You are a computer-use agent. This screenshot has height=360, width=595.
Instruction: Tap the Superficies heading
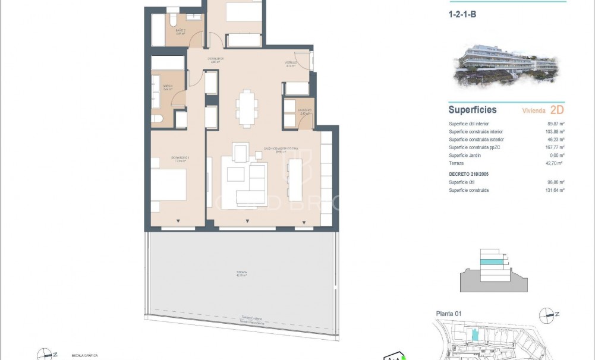click(x=472, y=110)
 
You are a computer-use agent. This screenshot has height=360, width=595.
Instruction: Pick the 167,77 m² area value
click(x=555, y=147)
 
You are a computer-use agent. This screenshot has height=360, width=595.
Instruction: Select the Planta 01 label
click(x=449, y=314)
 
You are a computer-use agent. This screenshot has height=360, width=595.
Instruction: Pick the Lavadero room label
click(x=304, y=110)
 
